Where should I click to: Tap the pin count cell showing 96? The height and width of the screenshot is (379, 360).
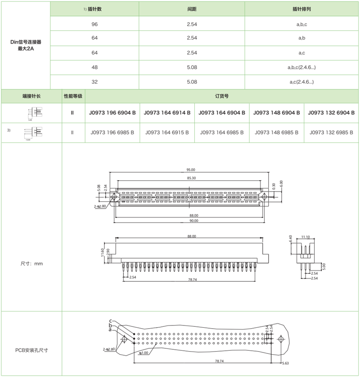pyautogui.click(x=94, y=24)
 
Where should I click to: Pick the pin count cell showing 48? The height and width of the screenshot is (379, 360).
pyautogui.click(x=94, y=67)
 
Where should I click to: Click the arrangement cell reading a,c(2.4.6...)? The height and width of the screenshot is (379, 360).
pyautogui.click(x=301, y=82)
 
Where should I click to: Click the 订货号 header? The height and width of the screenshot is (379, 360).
pyautogui.click(x=222, y=96)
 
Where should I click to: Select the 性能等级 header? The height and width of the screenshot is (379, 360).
pyautogui.click(x=72, y=96)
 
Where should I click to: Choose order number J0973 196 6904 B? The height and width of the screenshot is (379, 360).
pyautogui.click(x=112, y=113)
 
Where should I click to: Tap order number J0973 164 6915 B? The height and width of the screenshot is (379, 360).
pyautogui.click(x=167, y=133)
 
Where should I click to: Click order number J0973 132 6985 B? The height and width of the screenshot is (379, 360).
pyautogui.click(x=332, y=133)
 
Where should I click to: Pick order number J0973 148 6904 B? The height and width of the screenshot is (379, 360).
pyautogui.click(x=277, y=113)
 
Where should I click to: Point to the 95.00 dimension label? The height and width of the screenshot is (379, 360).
pyautogui.click(x=191, y=170)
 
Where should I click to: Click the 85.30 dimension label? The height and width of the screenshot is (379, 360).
pyautogui.click(x=191, y=178)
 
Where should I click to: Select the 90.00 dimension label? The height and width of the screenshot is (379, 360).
pyautogui.click(x=193, y=221)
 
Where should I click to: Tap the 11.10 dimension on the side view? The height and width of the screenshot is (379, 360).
pyautogui.click(x=306, y=236)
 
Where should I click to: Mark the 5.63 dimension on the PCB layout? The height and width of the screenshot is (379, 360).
pyautogui.click(x=285, y=363)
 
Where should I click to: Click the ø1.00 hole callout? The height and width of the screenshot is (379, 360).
pyautogui.click(x=144, y=353)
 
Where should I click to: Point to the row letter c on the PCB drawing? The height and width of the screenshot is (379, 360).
pyautogui.click(x=110, y=321)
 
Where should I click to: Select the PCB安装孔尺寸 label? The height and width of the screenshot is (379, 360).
pyautogui.click(x=31, y=349)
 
